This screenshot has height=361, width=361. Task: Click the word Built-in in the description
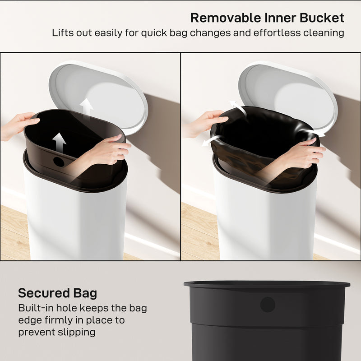36,309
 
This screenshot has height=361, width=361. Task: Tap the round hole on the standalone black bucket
268,305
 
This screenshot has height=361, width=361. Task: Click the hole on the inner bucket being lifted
59,162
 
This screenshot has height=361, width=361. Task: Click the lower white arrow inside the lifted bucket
59,142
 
